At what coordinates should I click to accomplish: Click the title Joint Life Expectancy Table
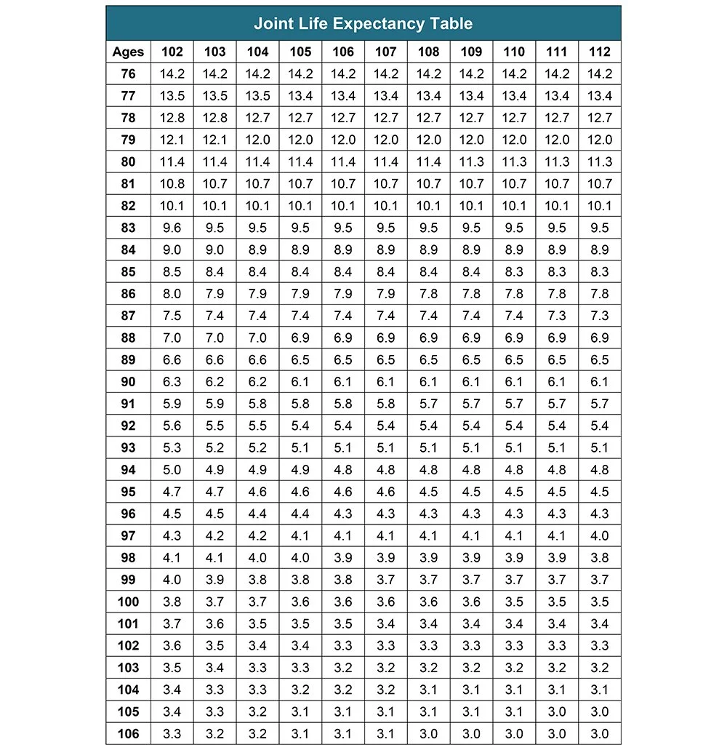(x=363, y=23)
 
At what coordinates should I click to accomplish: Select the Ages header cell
(x=128, y=52)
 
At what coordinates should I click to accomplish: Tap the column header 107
(x=386, y=52)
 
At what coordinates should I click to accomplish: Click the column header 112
(x=600, y=52)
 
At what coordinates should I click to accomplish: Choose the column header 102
(x=172, y=52)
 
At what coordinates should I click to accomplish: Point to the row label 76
(x=128, y=73)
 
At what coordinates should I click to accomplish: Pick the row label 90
(x=128, y=382)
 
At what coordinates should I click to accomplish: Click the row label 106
(x=128, y=734)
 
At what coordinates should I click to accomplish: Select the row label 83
(x=128, y=228)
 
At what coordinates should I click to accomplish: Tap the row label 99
(x=128, y=580)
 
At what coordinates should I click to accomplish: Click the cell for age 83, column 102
(x=172, y=228)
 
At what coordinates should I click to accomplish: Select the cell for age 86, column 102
(x=172, y=294)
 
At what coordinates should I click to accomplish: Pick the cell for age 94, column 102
(x=172, y=470)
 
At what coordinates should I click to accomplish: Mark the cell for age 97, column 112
(x=600, y=536)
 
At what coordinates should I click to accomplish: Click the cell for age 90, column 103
(x=215, y=382)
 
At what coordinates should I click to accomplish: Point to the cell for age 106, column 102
(x=172, y=734)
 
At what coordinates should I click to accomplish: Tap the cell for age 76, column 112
(x=600, y=73)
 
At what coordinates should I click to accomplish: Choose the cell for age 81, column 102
(x=172, y=183)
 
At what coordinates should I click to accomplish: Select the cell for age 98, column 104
(x=258, y=558)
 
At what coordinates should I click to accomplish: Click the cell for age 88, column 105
(x=300, y=338)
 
